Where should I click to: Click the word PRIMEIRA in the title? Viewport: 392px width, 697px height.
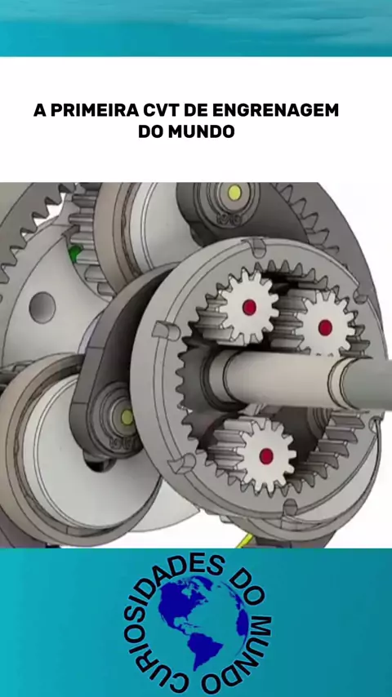click(x=93, y=110)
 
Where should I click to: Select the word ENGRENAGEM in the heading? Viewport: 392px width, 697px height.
click(x=275, y=110)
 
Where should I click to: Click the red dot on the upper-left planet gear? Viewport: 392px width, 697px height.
click(x=249, y=307)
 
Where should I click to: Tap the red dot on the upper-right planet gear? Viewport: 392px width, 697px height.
click(x=325, y=327)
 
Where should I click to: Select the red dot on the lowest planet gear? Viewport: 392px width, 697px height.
click(x=266, y=455)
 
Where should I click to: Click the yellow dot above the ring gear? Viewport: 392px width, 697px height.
click(x=234, y=193)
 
